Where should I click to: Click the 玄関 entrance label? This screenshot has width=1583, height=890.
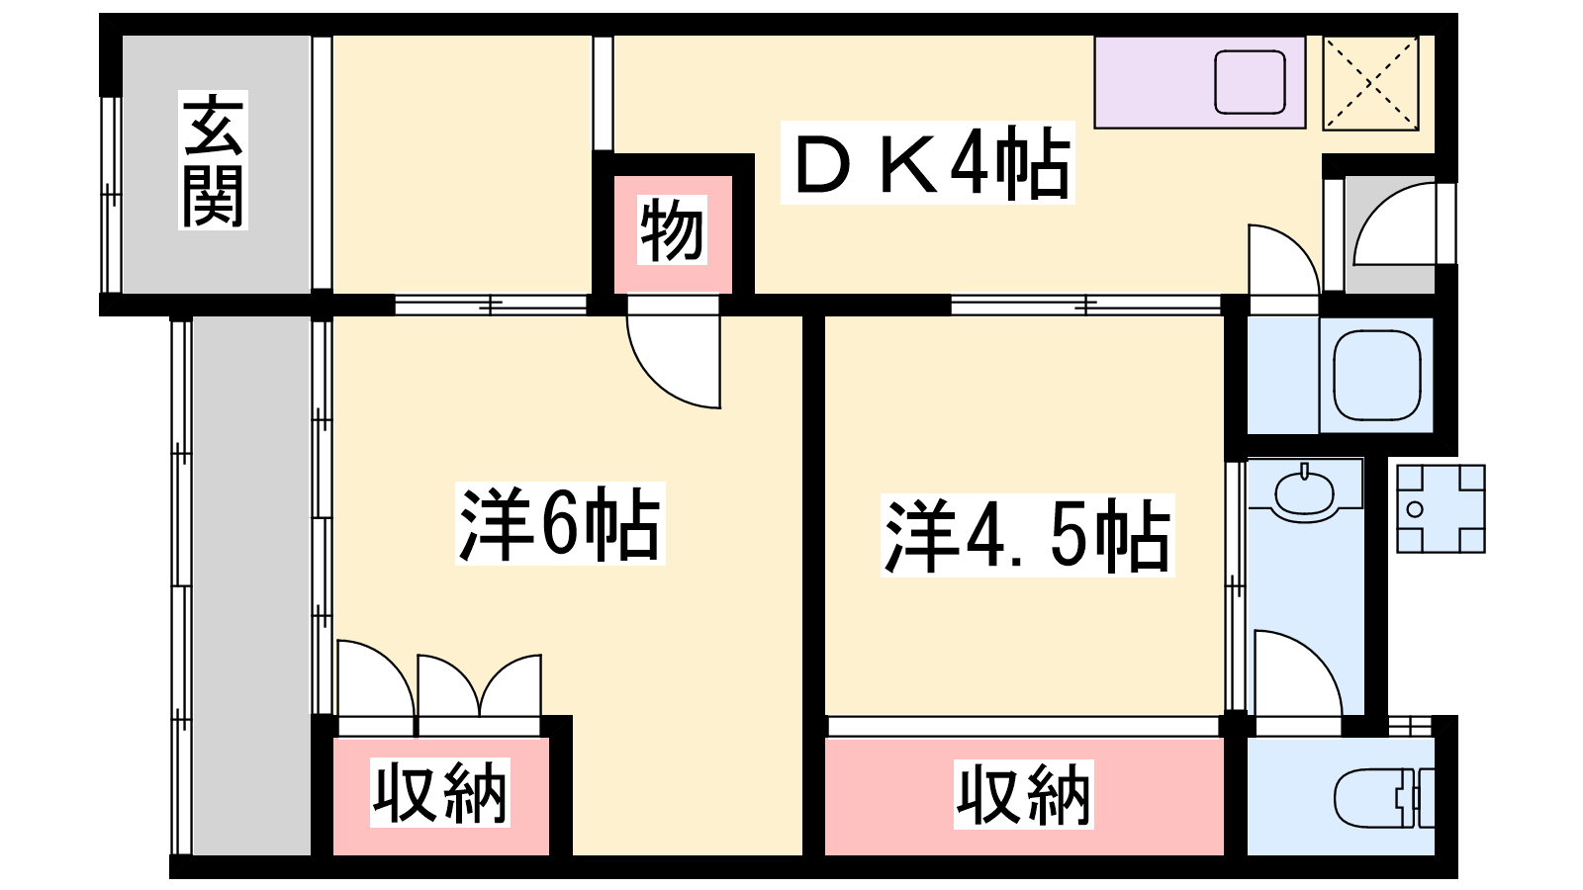coord(213,159)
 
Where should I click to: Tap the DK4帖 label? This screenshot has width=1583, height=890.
coord(927,163)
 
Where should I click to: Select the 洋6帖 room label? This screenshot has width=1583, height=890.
coord(560,523)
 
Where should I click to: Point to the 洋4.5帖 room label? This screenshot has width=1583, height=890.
coord(1027,535)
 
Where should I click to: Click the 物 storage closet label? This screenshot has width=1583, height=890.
coord(672,230)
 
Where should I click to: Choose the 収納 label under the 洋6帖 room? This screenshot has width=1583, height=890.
coord(439,792)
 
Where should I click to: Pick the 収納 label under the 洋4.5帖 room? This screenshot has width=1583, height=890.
coord(1023,795)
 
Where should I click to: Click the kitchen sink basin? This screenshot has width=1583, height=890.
coord(1250,82)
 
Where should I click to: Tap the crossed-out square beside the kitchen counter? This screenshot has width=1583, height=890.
coord(1371,83)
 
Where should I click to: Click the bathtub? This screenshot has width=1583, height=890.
coord(1376,375)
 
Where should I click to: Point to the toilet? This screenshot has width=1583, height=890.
coord(1384,798)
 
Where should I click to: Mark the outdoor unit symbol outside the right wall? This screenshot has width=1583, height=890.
coord(1441,508)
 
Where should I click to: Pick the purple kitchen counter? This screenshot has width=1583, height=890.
coord(1199,83)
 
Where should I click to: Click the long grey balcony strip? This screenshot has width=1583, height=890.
coord(251,585)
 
